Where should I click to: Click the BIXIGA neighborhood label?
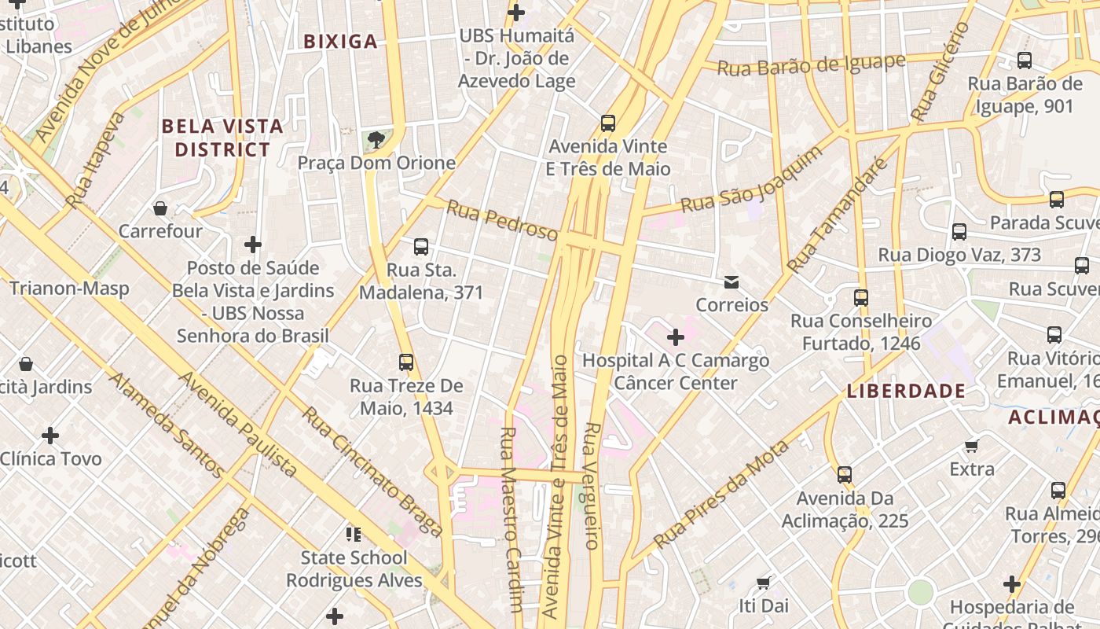click(341, 42)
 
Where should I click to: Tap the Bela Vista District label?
click(222, 138)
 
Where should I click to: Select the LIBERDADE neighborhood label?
click(906, 391)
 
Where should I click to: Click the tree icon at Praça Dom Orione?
click(376, 140)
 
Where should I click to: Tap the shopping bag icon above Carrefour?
click(160, 208)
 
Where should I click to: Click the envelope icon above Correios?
click(731, 281)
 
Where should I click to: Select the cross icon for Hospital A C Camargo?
click(675, 337)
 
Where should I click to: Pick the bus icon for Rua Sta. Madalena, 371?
click(421, 247)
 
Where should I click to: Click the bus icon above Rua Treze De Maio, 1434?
click(406, 362)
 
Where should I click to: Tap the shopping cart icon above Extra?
click(972, 446)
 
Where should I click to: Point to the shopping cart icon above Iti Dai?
click(763, 583)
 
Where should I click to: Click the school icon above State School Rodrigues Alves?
click(354, 535)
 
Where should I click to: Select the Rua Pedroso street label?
click(502, 219)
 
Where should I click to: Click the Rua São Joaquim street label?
click(751, 180)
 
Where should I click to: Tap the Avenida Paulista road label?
click(237, 425)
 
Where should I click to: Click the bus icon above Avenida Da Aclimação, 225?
click(845, 475)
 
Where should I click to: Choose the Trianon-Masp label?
click(69, 289)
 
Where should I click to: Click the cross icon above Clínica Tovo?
click(50, 435)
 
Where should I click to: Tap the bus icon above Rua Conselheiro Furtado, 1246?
click(861, 298)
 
